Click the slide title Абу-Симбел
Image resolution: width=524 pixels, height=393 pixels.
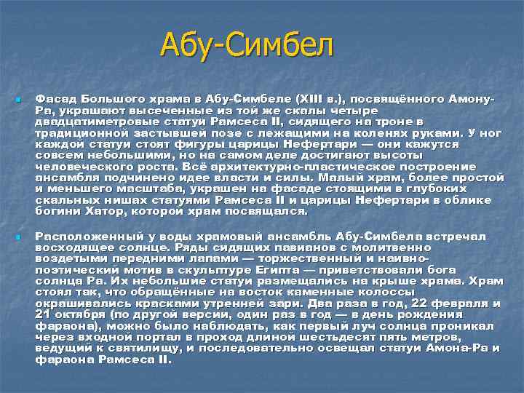point(247,46)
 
